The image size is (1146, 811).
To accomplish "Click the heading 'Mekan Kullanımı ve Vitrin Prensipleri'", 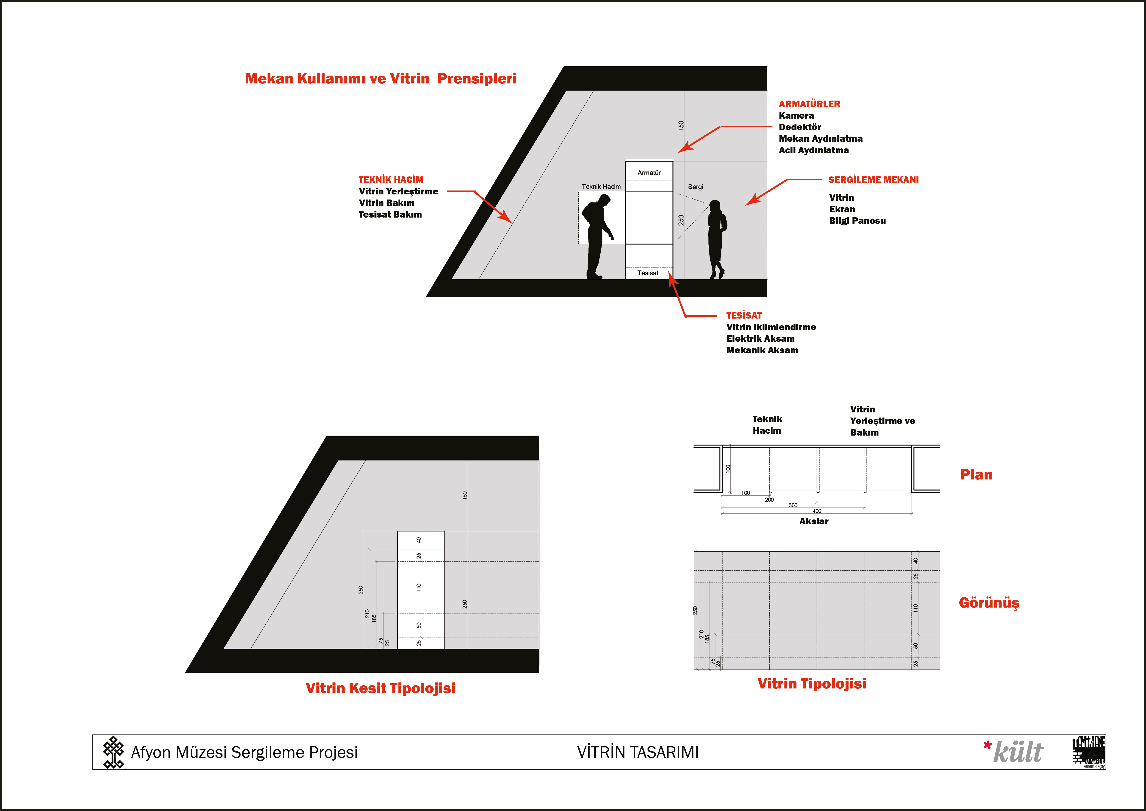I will click(380, 79).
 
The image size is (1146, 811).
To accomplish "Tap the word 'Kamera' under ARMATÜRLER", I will click(796, 115).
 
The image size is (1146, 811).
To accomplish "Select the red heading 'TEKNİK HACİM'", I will click(391, 180).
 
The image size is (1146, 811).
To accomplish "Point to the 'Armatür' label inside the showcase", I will click(649, 173).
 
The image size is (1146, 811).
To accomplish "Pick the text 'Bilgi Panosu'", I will click(857, 221).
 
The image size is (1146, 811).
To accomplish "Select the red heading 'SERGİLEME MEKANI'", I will click(873, 180).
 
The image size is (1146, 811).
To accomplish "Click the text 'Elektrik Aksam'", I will click(760, 339).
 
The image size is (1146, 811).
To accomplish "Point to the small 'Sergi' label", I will click(695, 187).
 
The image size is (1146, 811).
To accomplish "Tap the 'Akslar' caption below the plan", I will click(814, 521).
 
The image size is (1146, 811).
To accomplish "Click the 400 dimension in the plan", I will click(817, 511).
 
